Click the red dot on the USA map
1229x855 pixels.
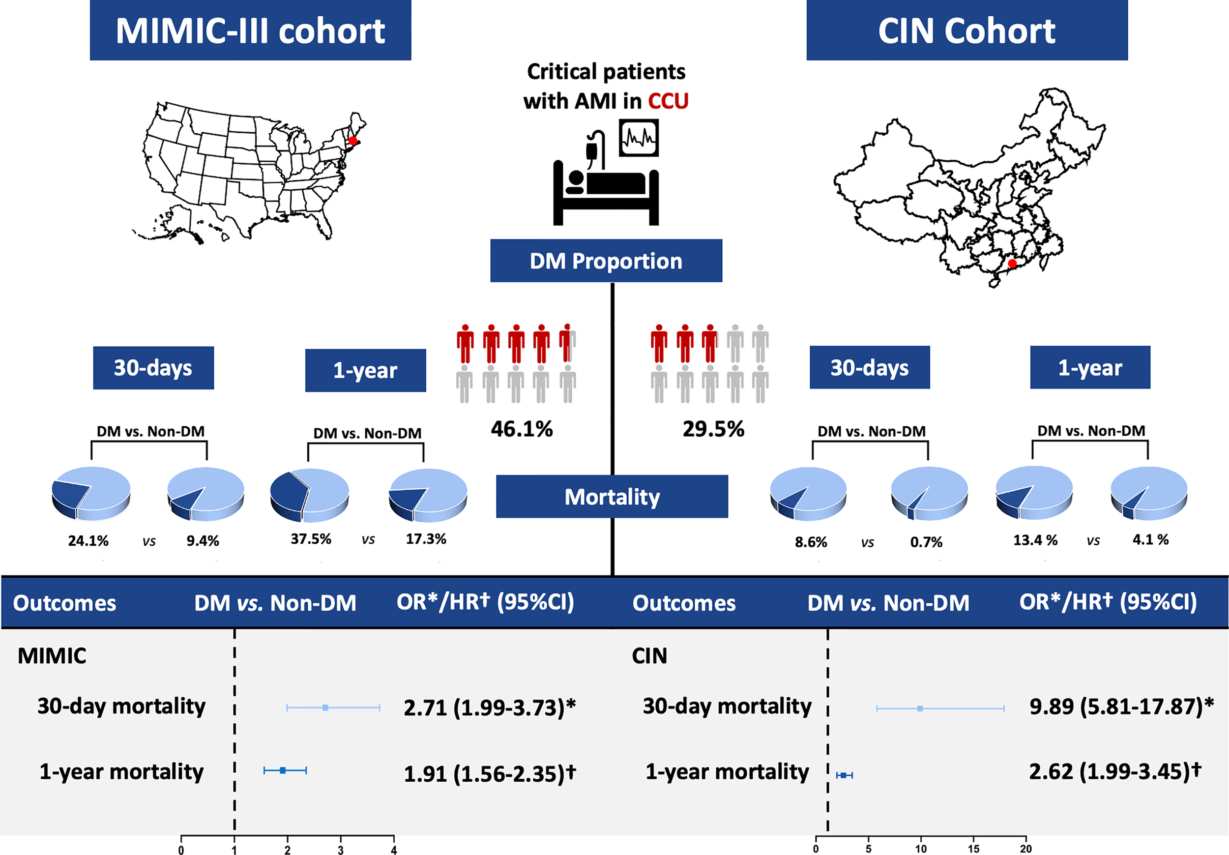tap(353, 141)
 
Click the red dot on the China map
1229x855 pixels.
tap(1012, 264)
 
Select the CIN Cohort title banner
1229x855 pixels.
tap(966, 30)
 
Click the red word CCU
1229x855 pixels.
tap(668, 101)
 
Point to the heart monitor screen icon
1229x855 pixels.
tap(639, 138)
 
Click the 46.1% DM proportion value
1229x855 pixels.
tap(522, 429)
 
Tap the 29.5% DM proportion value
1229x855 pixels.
tap(713, 429)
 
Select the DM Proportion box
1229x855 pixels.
tap(606, 261)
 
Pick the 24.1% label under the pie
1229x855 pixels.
tap(88, 541)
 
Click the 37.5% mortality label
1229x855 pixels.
tap(311, 538)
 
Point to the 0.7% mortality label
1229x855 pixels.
tap(926, 542)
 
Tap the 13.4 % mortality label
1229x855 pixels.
tap(1035, 540)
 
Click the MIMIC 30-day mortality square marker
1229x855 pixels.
tap(325, 708)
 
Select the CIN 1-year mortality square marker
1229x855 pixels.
tap(844, 775)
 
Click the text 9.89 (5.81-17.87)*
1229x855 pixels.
tap(1121, 707)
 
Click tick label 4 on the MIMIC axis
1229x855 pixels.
tap(394, 850)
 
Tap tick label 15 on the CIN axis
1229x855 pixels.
tap(973, 849)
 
